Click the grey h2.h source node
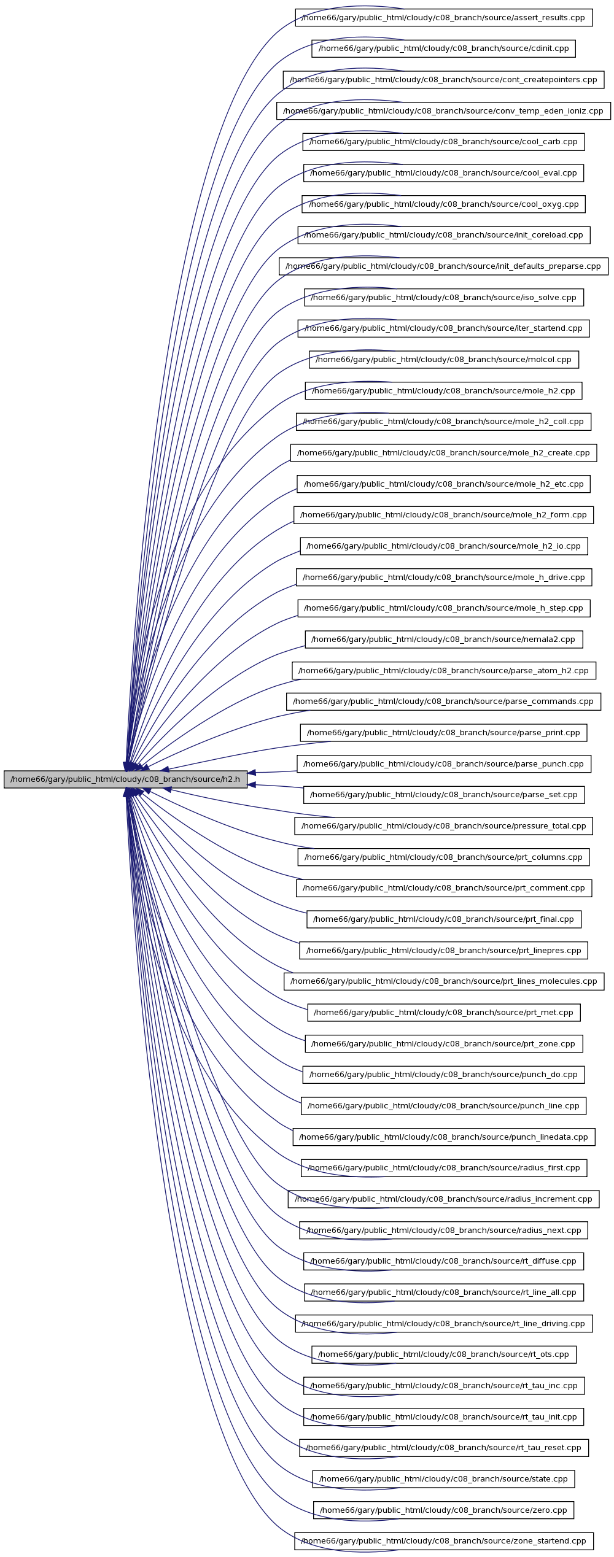pyautogui.click(x=125, y=779)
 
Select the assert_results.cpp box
pyautogui.click(x=444, y=18)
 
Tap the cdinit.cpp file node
pyautogui.click(x=443, y=48)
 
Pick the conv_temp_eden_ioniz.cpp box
pyautogui.click(x=443, y=111)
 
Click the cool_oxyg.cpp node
pyautogui.click(x=443, y=204)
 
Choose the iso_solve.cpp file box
pyautogui.click(x=444, y=298)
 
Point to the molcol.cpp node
pyautogui.click(x=444, y=360)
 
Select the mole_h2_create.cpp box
pyautogui.click(x=443, y=453)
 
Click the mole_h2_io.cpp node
pyautogui.click(x=444, y=546)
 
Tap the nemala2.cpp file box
pyautogui.click(x=444, y=639)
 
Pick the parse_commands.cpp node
pyautogui.click(x=443, y=701)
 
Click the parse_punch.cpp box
pyautogui.click(x=444, y=764)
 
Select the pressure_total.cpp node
pyautogui.click(x=444, y=826)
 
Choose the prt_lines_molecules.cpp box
pyautogui.click(x=444, y=981)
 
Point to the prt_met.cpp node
pyautogui.click(x=444, y=1013)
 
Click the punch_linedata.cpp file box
pyautogui.click(x=444, y=1137)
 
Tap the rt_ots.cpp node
pyautogui.click(x=444, y=1354)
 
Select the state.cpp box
pyautogui.click(x=444, y=1479)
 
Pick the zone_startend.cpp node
pyautogui.click(x=444, y=1541)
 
